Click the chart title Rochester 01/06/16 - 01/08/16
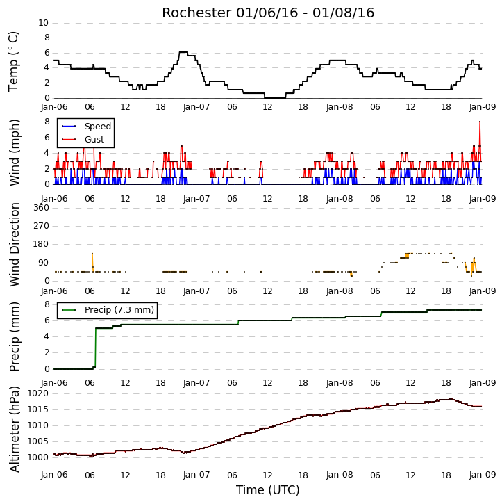[x=268, y=13]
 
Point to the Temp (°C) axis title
[x=13, y=61]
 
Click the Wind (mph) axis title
[x=14, y=153]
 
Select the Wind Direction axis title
[x=14, y=245]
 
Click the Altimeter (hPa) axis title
[x=14, y=429]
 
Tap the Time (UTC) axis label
[x=268, y=490]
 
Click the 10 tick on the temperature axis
[x=43, y=23]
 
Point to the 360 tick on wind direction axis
[x=41, y=208]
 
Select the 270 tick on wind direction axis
[x=41, y=226]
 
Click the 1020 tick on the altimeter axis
[x=38, y=393]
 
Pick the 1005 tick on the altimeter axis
[x=38, y=441]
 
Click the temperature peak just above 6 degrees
[x=183, y=52]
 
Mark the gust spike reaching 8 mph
[x=480, y=122]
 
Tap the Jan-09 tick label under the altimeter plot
[x=483, y=475]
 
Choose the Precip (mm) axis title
[x=14, y=337]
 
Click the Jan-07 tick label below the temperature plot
[x=196, y=107]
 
